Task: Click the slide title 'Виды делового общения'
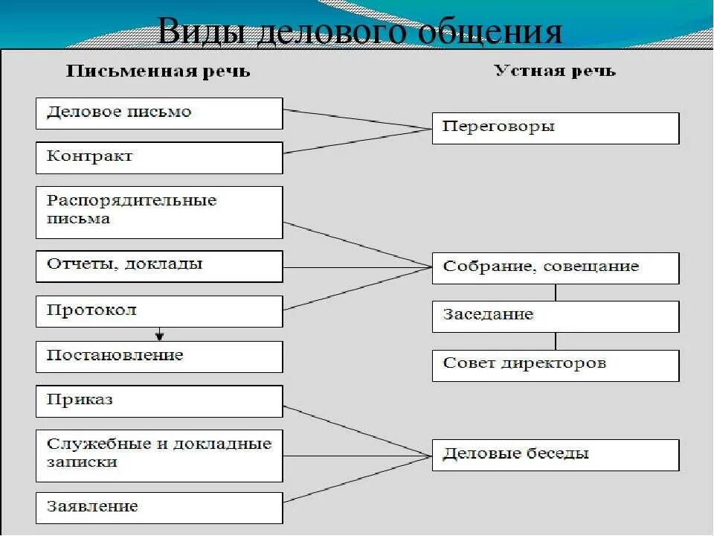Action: [x=359, y=32]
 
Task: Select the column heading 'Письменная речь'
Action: [x=158, y=72]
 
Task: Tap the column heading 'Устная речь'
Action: [x=555, y=71]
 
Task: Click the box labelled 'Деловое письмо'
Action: [x=159, y=113]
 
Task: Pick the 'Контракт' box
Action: [x=159, y=158]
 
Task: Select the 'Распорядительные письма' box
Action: [x=159, y=211]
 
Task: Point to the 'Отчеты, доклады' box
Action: [x=159, y=266]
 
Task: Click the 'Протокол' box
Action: [x=159, y=311]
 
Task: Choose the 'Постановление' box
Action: [x=159, y=357]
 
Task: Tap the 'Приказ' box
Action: [x=159, y=401]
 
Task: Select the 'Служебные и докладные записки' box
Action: [x=159, y=455]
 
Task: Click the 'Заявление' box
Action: [x=159, y=508]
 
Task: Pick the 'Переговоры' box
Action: [x=555, y=128]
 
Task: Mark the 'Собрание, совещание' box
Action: [x=555, y=268]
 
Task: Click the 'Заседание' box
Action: [x=555, y=316]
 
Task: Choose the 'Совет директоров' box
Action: [x=555, y=365]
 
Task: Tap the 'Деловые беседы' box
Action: [x=555, y=454]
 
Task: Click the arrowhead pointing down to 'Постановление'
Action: [x=159, y=336]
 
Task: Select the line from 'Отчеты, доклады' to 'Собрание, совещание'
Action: [x=357, y=267]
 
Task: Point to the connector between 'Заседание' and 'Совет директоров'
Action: [x=556, y=341]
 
